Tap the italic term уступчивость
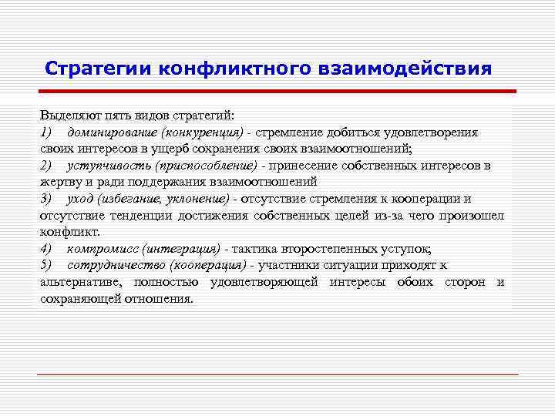(109, 166)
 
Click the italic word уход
(82, 199)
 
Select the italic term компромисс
(103, 249)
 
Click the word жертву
(59, 183)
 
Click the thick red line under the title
(277, 92)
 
